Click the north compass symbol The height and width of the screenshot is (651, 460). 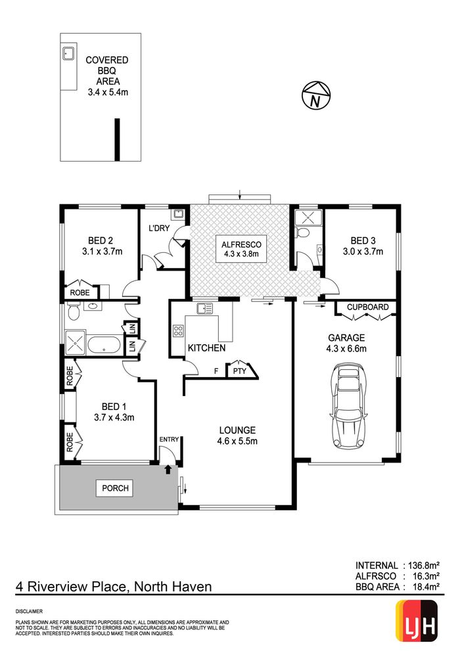(x=316, y=95)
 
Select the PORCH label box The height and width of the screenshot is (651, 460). (x=116, y=488)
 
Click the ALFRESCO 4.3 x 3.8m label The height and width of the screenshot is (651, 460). (x=241, y=249)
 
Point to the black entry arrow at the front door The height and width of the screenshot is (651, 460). (x=168, y=470)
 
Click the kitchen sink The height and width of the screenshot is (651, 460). (x=205, y=309)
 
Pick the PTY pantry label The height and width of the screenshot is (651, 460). (x=240, y=371)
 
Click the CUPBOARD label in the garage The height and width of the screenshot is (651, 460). (x=368, y=307)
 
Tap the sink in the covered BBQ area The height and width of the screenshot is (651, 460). (x=68, y=54)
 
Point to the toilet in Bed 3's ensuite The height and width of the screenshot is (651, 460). (x=303, y=233)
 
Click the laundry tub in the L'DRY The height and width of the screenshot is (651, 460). (x=179, y=213)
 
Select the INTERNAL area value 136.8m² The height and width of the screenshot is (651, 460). (x=424, y=566)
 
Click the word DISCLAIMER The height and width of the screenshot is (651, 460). (x=29, y=612)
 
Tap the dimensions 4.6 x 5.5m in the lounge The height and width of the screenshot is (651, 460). (x=237, y=441)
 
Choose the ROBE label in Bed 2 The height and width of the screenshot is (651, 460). (x=80, y=293)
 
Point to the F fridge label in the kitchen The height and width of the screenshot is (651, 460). (x=216, y=371)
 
